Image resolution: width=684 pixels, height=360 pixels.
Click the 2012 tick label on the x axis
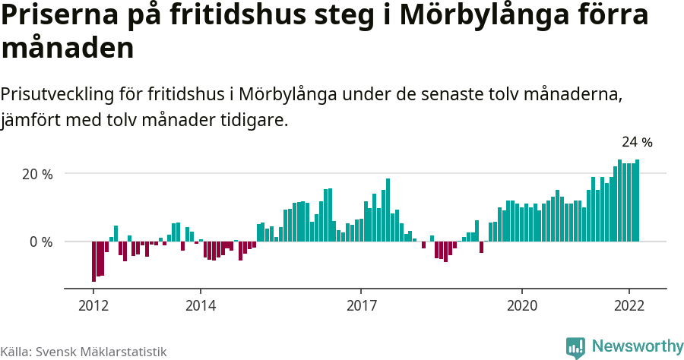click(x=93, y=306)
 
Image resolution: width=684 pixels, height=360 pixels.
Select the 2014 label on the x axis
click(x=200, y=306)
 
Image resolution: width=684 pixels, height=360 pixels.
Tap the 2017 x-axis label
click(x=360, y=306)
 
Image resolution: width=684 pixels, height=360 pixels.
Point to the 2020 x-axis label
click(x=521, y=306)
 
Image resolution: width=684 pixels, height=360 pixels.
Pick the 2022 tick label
click(x=629, y=306)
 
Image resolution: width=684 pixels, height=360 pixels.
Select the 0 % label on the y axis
click(x=41, y=242)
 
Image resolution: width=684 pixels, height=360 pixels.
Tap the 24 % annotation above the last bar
click(x=637, y=142)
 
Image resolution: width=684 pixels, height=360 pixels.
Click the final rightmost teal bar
click(x=637, y=201)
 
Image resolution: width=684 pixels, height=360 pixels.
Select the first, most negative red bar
click(x=93, y=261)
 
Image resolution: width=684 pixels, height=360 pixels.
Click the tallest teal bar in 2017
click(x=388, y=210)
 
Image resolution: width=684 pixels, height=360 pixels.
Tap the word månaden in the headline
click(x=68, y=49)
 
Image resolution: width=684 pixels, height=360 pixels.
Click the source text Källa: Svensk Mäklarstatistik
click(x=84, y=352)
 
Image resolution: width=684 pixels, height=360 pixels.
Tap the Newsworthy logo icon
click(x=575, y=347)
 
